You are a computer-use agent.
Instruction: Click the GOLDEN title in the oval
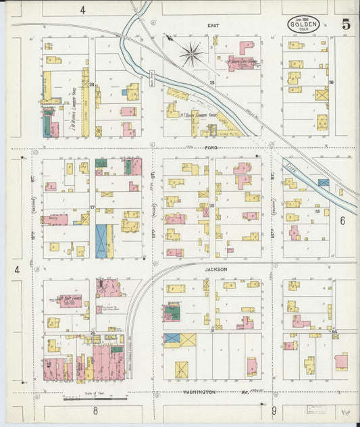[303, 25]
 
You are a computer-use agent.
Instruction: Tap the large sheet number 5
[346, 24]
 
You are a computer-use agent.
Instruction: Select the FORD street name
[210, 146]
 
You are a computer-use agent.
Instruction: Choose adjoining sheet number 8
[96, 410]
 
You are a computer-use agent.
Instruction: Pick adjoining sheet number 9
[274, 410]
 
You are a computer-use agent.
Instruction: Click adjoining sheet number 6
[342, 220]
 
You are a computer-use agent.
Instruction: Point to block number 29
[211, 82]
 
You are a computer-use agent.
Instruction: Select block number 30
[211, 205]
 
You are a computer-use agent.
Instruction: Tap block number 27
[93, 207]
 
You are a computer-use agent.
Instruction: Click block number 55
[317, 211]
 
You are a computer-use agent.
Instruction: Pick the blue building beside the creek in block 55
[324, 182]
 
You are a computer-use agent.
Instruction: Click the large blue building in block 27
[102, 241]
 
